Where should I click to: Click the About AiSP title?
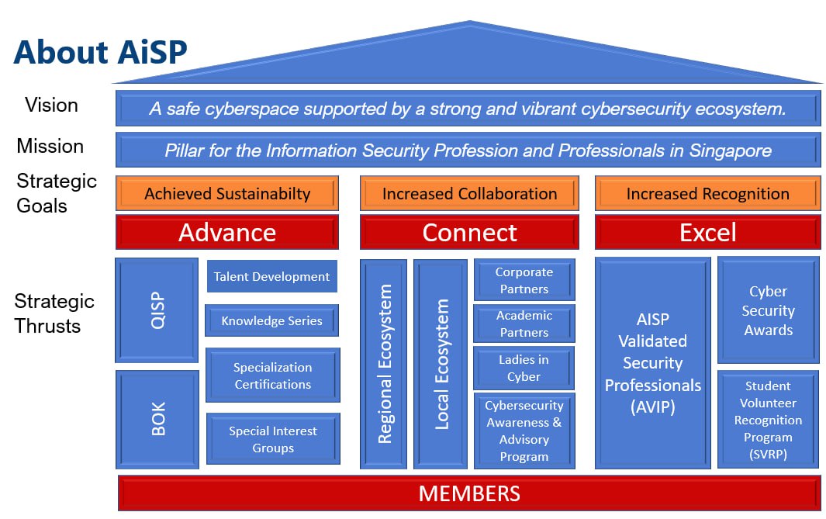[101, 52]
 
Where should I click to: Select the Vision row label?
[52, 105]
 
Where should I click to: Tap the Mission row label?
[50, 146]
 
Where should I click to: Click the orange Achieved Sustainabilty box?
[227, 193]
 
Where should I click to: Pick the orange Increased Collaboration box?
[469, 193]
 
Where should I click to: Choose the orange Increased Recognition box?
[707, 193]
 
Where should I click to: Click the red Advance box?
[227, 232]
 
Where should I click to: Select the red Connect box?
[469, 232]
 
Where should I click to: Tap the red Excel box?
[707, 232]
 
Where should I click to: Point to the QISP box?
[157, 310]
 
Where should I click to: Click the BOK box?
[157, 420]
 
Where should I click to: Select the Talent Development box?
[271, 276]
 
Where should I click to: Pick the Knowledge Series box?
[271, 320]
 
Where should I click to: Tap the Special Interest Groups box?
[273, 439]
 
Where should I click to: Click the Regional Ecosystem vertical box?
[383, 364]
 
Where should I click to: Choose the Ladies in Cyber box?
[524, 368]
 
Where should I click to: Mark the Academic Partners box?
[524, 324]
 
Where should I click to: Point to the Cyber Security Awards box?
[768, 310]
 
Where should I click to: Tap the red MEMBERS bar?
[469, 493]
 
